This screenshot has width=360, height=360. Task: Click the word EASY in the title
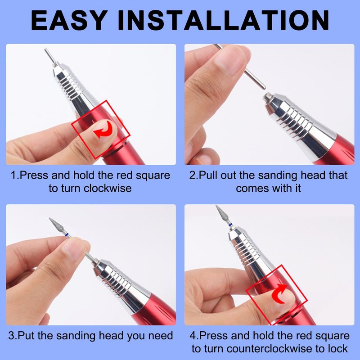(69, 20)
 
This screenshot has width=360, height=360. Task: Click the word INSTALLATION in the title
(223, 20)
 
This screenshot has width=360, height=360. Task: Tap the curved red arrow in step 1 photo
(103, 130)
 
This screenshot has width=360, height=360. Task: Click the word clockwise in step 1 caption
(108, 189)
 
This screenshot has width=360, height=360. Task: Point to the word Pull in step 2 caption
(208, 175)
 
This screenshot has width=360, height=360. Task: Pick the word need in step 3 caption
(161, 336)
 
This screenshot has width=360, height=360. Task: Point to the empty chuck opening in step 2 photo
(266, 96)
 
